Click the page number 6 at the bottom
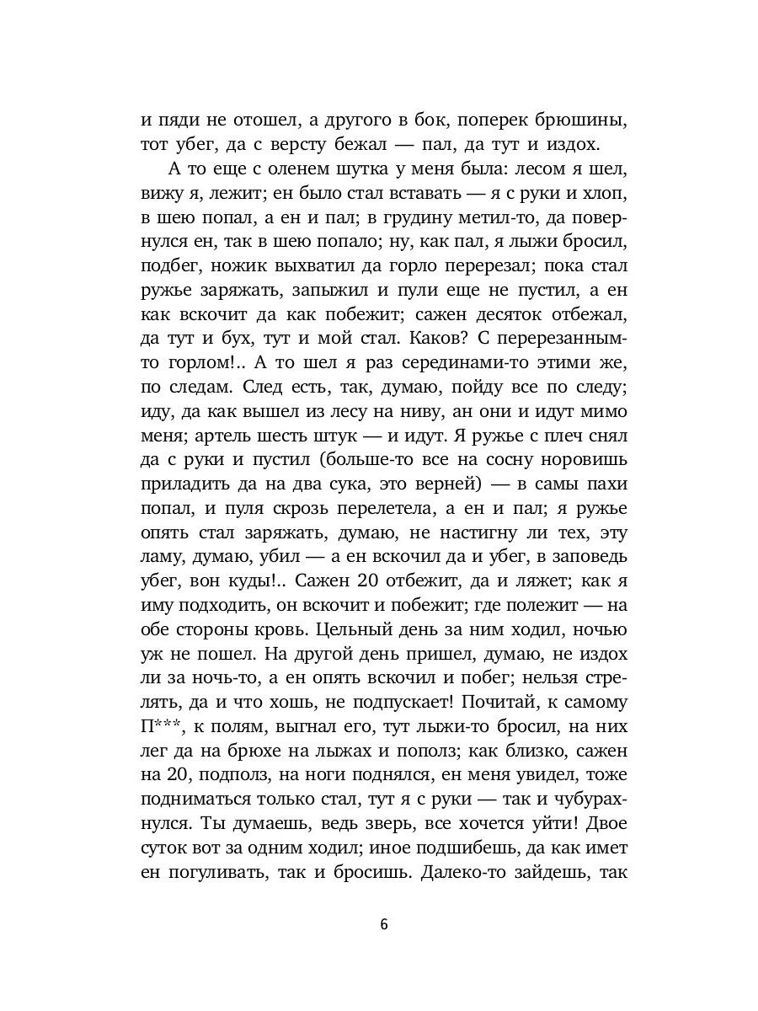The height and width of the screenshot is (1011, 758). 383,923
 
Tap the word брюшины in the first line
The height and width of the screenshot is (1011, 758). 573,120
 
